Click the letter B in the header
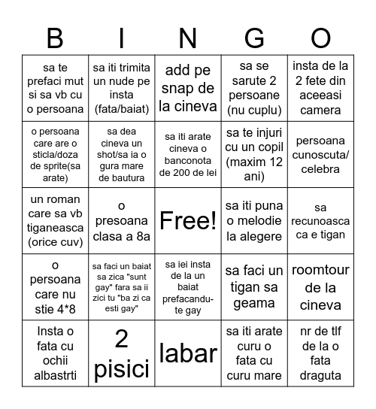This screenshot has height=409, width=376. pyautogui.click(x=55, y=37)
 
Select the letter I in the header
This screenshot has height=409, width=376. pyautogui.click(x=121, y=37)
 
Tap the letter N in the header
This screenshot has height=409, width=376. pyautogui.click(x=188, y=37)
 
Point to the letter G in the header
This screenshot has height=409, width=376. pyautogui.click(x=254, y=37)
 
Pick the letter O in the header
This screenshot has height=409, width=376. pyautogui.click(x=321, y=37)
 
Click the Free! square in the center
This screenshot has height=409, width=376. pyautogui.click(x=188, y=220)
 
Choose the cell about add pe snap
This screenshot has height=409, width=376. pyautogui.click(x=188, y=88)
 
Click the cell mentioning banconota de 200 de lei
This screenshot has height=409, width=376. pyautogui.click(x=188, y=154)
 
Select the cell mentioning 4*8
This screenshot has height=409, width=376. pyautogui.click(x=55, y=287)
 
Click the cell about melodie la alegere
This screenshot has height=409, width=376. pyautogui.click(x=254, y=220)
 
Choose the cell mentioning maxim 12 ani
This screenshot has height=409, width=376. pyautogui.click(x=254, y=154)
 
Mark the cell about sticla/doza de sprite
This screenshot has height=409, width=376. pyautogui.click(x=55, y=154)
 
